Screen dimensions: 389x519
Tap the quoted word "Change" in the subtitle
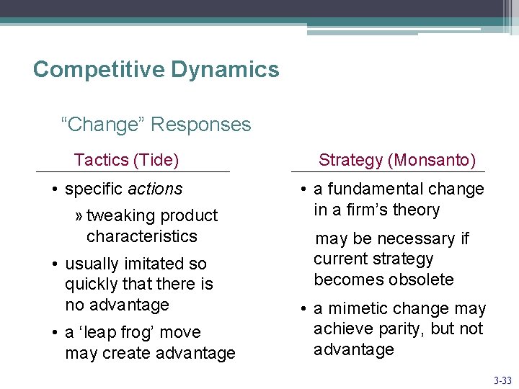[x=103, y=125]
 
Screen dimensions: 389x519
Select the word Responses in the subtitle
[x=201, y=125]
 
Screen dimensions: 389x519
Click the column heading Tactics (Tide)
[x=126, y=160]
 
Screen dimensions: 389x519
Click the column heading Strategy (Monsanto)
[x=397, y=160]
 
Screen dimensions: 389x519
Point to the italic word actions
[x=155, y=189]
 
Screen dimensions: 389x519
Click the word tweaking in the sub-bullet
[x=120, y=215]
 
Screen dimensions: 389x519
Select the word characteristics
[x=141, y=236]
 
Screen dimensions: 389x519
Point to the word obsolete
[x=421, y=280]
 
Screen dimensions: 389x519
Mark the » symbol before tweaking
[x=79, y=216]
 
